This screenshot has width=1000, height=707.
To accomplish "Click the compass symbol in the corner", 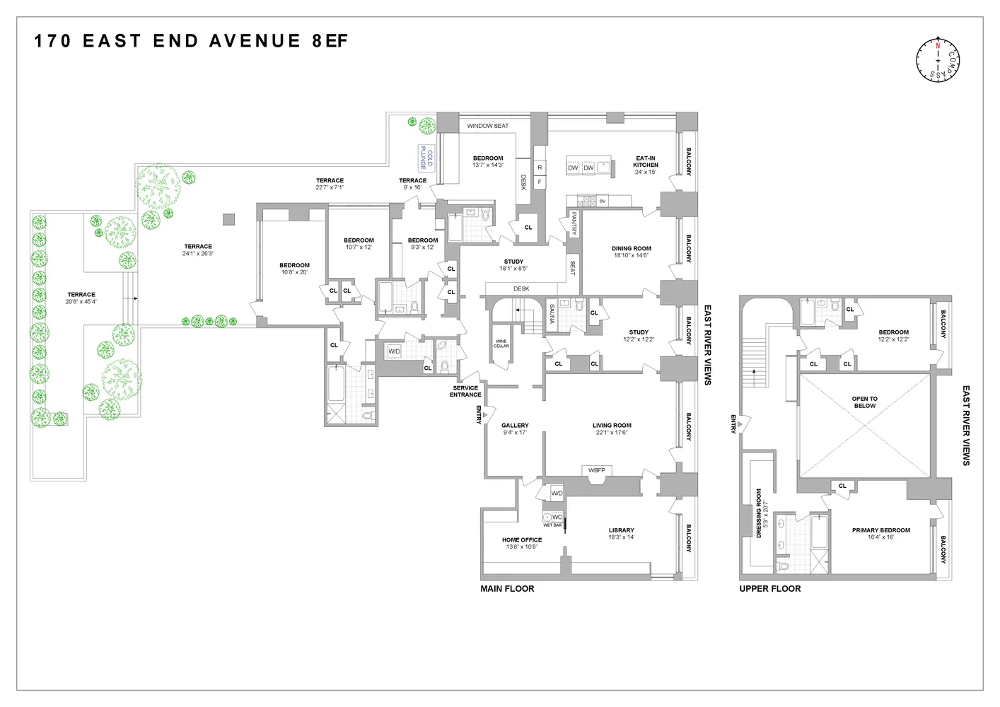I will pos(938,59).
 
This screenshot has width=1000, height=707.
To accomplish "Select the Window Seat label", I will pos(487,126).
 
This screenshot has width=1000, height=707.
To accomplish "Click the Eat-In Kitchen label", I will pos(645,162).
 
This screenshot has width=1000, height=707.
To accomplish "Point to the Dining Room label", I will pos(631,249).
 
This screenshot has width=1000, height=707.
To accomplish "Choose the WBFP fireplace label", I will pos(596,470).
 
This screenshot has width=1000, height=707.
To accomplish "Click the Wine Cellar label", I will pos(501,344).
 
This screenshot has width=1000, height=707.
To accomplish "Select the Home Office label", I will pos(522,540).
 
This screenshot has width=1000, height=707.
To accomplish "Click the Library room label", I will pos(622,530).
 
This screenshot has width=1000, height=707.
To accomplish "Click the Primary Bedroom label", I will pos(880,530).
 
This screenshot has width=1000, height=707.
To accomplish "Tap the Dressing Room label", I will pos(759,513).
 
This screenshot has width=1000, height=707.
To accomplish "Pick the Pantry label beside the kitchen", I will pos(574,223).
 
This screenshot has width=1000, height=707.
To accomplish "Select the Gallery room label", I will pos(515,426).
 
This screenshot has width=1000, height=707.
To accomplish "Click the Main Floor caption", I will pos(507,588).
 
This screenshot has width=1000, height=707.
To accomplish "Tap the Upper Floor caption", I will pos(769,588).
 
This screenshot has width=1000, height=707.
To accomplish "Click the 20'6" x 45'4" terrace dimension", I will pos(81,302).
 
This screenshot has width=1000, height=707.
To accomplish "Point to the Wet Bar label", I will pos(552,525).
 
